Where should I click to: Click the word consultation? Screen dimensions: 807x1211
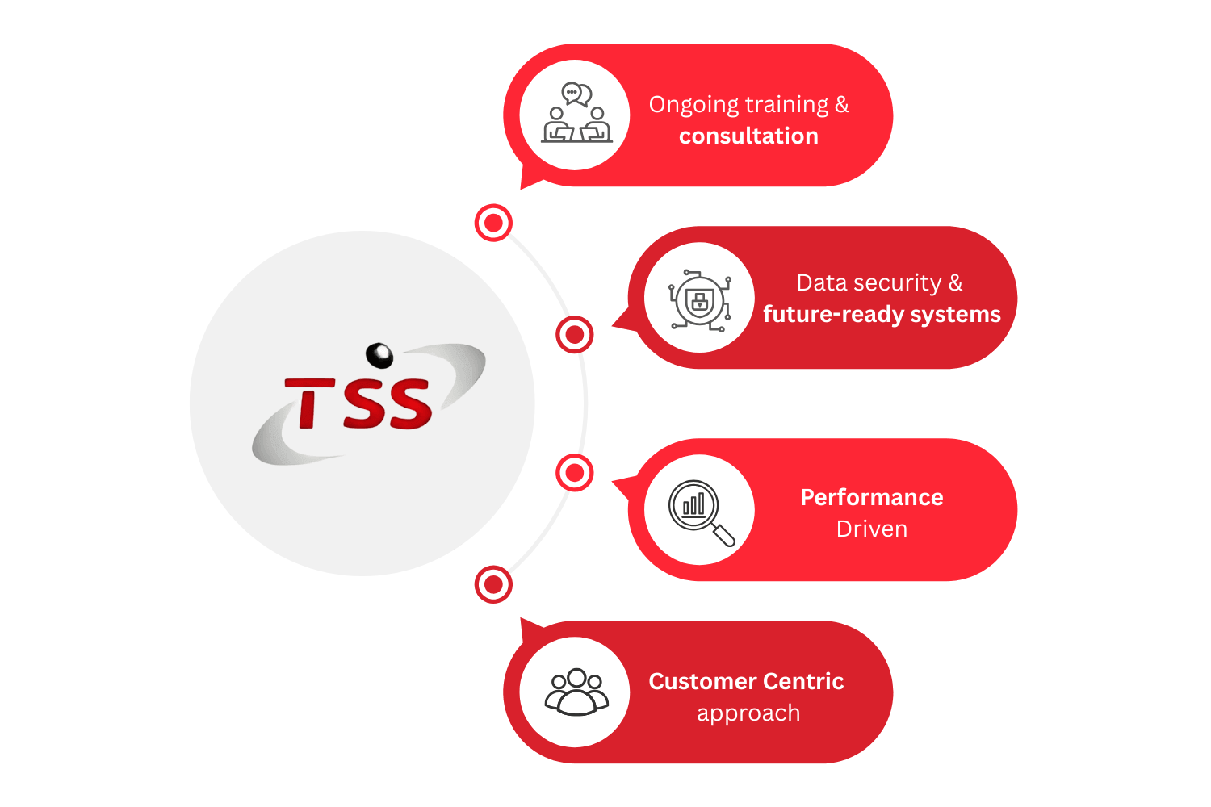tap(748, 136)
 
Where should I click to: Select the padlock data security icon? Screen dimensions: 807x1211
tap(699, 299)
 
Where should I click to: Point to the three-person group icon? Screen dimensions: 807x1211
tap(576, 692)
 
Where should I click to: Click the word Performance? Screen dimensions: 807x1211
tap(871, 497)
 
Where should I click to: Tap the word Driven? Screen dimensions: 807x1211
tap(871, 529)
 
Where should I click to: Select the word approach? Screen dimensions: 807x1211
tap(748, 713)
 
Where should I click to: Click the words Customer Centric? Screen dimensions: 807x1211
tap(746, 682)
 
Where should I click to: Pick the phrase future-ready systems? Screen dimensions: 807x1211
tap(882, 315)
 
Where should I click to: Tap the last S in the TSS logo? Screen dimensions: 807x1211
tap(409, 403)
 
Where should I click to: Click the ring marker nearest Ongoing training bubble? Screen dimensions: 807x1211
tap(493, 222)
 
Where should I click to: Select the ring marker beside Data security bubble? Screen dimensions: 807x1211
tap(574, 334)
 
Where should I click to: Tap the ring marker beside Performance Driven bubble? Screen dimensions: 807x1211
tap(574, 473)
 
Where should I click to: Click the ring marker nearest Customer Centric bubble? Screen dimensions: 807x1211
tap(493, 584)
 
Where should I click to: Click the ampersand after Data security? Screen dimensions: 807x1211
tap(955, 282)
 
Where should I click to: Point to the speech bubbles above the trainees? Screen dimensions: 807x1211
tap(576, 94)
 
